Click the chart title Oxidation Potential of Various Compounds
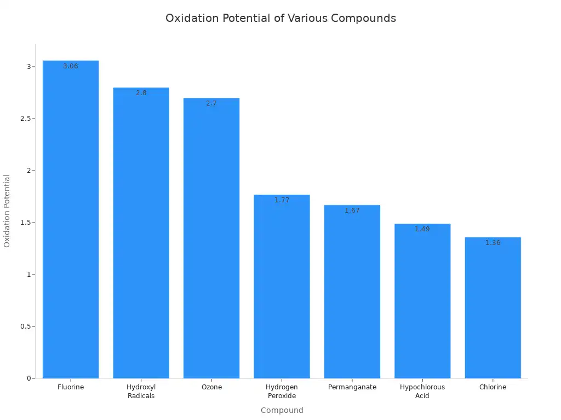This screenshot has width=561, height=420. click(280, 18)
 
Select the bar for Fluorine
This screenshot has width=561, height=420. click(71, 219)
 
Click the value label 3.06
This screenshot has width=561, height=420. click(71, 66)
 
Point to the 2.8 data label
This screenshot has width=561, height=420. click(141, 93)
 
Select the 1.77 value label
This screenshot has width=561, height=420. click(282, 200)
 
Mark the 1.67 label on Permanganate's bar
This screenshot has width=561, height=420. click(352, 211)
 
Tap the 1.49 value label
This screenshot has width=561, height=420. click(422, 229)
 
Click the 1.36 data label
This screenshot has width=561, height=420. click(493, 243)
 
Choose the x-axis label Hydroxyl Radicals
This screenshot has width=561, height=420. click(141, 391)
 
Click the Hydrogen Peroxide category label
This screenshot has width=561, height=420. click(282, 391)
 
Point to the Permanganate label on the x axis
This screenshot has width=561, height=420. click(352, 387)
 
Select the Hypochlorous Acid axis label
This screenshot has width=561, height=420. click(422, 391)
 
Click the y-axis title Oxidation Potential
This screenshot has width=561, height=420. click(7, 211)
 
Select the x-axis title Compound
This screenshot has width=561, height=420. click(282, 410)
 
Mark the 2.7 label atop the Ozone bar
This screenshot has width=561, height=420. click(211, 103)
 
